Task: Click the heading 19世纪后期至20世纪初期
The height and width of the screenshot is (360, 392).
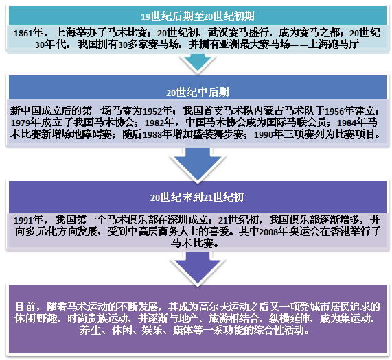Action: point(198,16)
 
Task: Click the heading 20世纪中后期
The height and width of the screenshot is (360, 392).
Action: point(198,93)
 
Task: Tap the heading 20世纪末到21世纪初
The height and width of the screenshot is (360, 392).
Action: point(197,197)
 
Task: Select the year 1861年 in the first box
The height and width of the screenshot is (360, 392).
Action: point(28,33)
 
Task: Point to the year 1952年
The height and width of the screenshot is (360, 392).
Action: point(157,111)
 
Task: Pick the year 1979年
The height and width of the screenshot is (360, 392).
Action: point(25,123)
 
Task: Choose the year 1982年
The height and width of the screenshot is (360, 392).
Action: point(159,123)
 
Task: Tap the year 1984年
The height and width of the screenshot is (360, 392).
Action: point(351,123)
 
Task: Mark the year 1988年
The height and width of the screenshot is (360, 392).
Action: point(157,134)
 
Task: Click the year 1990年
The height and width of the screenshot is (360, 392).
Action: point(268,134)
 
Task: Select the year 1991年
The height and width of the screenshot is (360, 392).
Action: point(28,220)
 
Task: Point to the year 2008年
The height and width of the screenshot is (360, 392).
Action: point(273,232)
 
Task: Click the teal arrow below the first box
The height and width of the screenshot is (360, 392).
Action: point(198,62)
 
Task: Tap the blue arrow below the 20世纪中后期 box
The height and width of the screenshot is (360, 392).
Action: point(198,163)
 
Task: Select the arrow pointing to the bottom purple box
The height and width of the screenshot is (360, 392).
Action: point(198,268)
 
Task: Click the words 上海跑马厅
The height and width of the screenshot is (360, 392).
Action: point(334,45)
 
